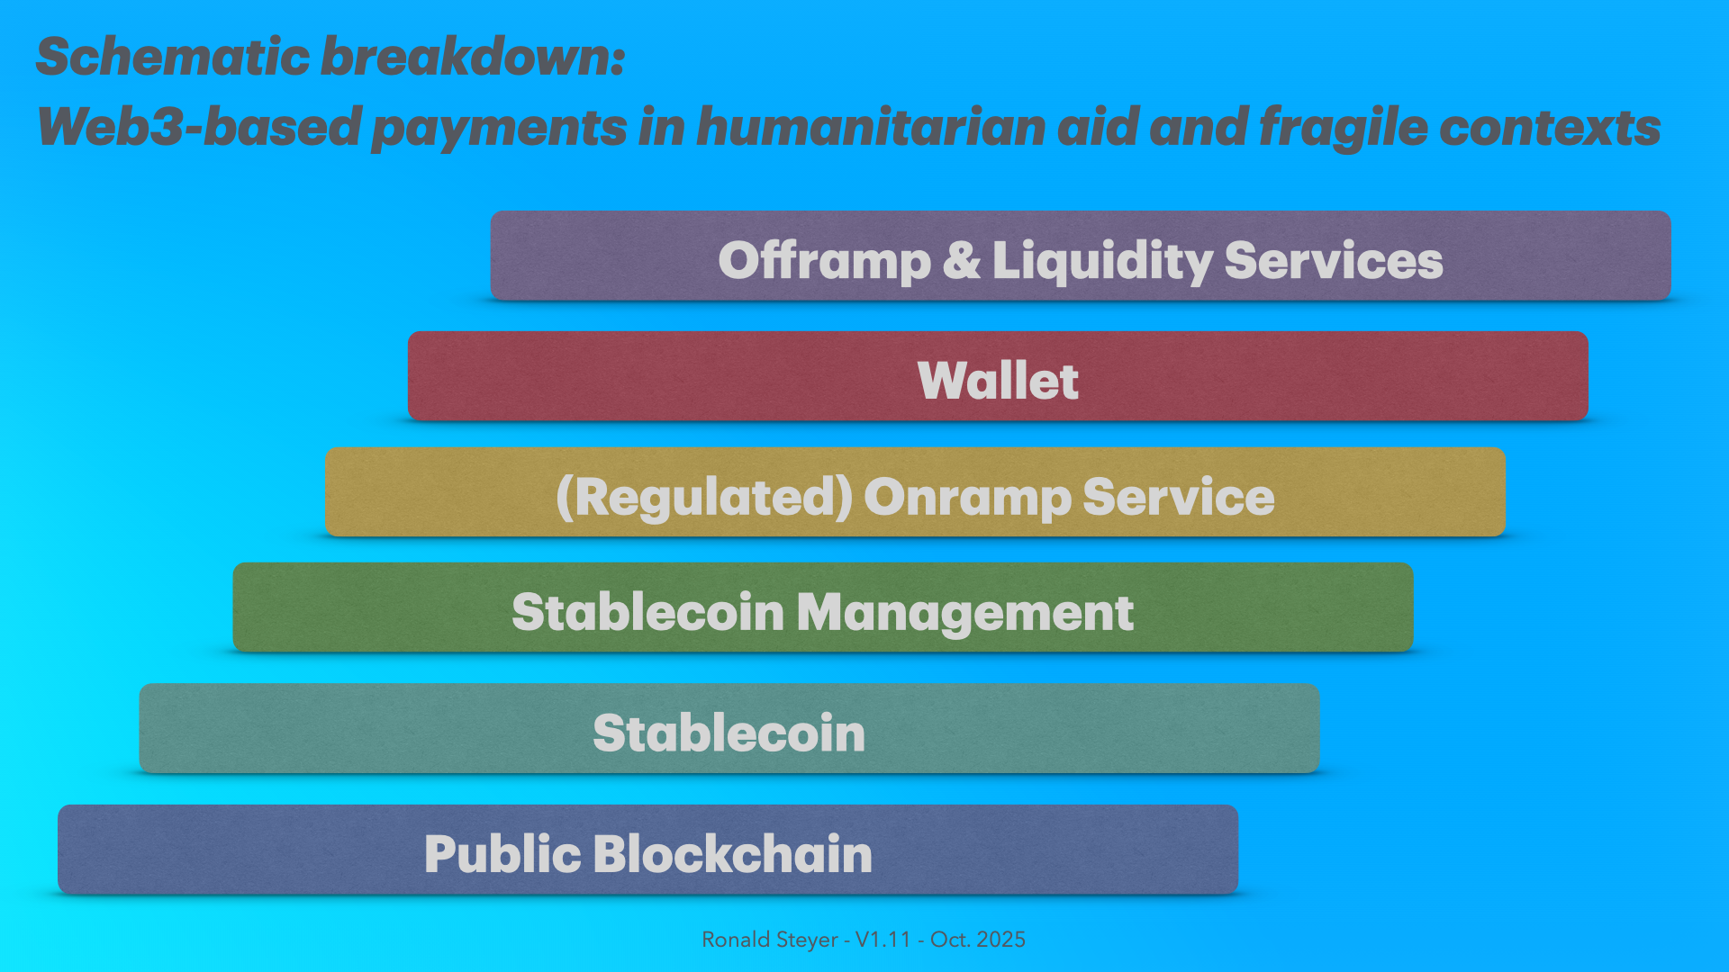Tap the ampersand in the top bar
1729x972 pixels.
962,260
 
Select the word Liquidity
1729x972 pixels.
1102,262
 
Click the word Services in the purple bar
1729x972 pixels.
1334,260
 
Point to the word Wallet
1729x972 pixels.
998,380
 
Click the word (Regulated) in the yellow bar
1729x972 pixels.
704,497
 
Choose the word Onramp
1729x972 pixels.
967,499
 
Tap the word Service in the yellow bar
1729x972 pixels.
1179,497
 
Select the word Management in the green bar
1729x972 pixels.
964,614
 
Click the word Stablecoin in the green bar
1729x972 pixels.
648,612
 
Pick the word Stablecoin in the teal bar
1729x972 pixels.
729,733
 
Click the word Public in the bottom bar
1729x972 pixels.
502,854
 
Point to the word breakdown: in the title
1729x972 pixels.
473,57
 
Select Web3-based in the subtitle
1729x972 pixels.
199,126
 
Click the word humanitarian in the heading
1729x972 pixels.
871,126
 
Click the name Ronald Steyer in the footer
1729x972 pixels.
770,940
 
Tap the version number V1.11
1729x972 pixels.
883,940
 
